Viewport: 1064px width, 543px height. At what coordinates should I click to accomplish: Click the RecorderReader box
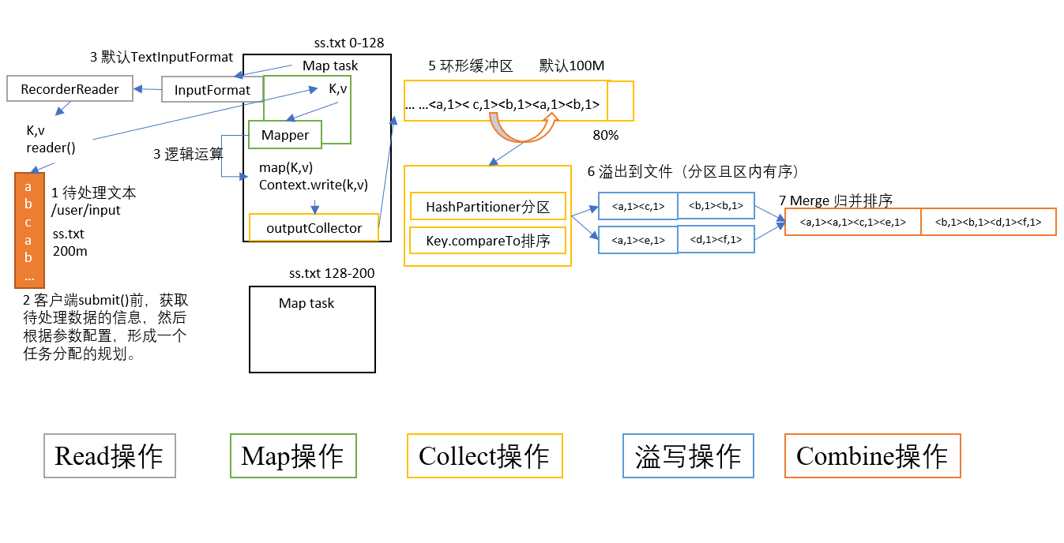70,89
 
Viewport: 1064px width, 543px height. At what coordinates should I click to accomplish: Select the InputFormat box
212,90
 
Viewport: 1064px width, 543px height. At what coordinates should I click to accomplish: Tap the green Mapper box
285,135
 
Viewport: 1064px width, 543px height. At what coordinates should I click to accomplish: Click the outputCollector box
314,228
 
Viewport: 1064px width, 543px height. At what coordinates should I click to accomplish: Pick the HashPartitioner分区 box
487,207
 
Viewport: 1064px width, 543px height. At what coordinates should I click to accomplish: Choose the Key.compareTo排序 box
487,241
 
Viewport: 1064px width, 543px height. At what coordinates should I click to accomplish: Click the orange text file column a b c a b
29,230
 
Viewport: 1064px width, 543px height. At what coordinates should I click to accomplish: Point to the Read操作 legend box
109,455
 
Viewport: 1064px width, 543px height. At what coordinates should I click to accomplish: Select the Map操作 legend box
293,455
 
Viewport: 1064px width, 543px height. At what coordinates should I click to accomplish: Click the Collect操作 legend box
484,455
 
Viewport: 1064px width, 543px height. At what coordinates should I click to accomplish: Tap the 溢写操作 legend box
688,455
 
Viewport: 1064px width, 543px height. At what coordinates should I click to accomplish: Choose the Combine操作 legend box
872,455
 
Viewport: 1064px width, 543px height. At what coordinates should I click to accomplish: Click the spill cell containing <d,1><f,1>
716,240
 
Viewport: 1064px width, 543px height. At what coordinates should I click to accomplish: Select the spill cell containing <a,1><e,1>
637,240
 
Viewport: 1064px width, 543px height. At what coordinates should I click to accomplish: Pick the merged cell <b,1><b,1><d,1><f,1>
988,223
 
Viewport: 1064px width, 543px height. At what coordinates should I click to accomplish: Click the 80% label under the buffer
605,135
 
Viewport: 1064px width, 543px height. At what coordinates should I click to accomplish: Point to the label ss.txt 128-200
332,273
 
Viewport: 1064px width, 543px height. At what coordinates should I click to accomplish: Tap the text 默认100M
572,66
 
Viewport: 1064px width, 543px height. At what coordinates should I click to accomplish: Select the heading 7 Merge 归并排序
835,200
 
